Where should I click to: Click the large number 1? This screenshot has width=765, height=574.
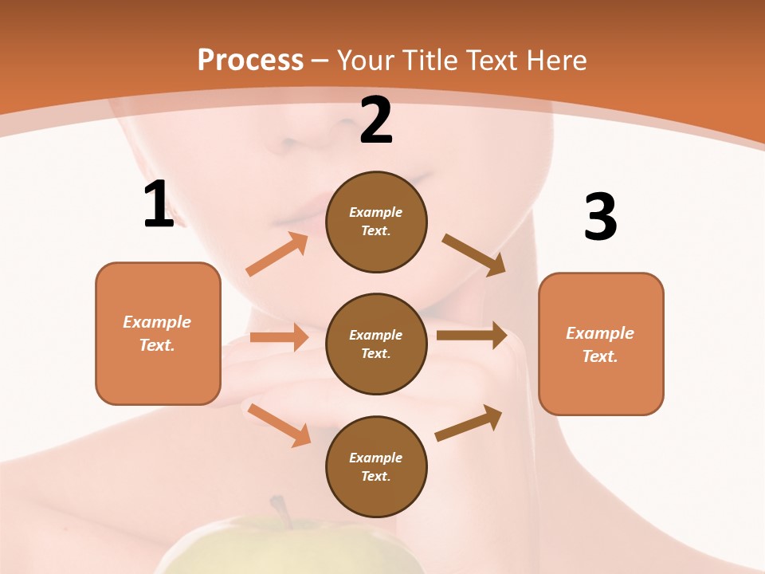click(158, 205)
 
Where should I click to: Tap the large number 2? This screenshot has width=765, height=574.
click(376, 121)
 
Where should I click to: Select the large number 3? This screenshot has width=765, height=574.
click(600, 217)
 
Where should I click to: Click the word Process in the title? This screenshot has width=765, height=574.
click(250, 60)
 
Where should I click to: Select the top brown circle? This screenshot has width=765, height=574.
click(376, 222)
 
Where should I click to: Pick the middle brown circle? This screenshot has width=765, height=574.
click(376, 344)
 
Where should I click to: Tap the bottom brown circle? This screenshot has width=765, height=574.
click(376, 466)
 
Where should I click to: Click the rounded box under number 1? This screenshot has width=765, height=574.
click(158, 333)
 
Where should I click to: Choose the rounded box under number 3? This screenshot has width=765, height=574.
click(601, 344)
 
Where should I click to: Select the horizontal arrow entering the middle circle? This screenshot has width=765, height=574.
click(280, 337)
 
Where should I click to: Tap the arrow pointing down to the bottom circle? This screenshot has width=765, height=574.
click(280, 425)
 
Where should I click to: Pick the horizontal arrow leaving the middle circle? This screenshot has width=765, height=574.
click(472, 336)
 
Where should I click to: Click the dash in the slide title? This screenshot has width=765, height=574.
click(320, 61)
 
